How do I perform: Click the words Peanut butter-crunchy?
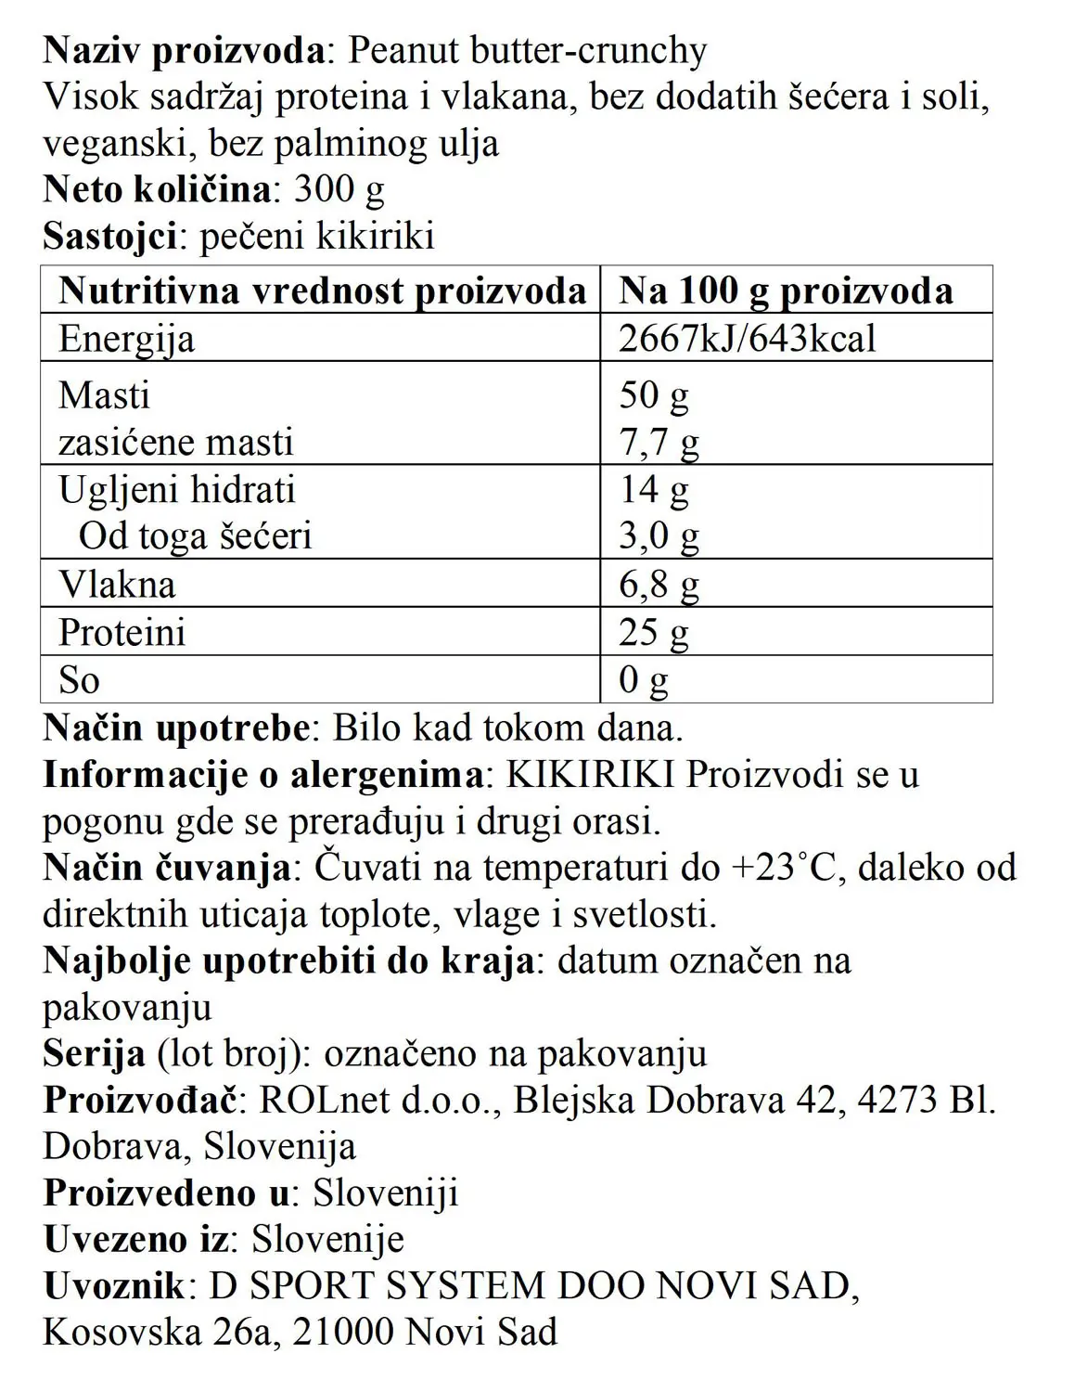click(x=527, y=50)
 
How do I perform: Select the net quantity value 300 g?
click(x=339, y=189)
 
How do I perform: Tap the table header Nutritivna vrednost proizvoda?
click(x=322, y=290)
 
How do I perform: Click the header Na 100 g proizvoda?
click(x=786, y=290)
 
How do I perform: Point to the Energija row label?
click(x=127, y=339)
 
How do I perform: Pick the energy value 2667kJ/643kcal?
click(x=747, y=339)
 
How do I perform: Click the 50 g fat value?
click(x=654, y=395)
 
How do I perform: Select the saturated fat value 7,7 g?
click(x=659, y=443)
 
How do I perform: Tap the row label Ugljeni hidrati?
click(x=177, y=489)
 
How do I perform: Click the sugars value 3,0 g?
click(x=659, y=536)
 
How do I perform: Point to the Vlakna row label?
click(x=117, y=585)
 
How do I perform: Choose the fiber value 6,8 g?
click(x=659, y=585)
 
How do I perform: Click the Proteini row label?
click(x=122, y=633)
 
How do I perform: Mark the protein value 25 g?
click(x=654, y=633)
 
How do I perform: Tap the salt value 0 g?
click(x=644, y=680)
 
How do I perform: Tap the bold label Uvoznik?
click(x=114, y=1286)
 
